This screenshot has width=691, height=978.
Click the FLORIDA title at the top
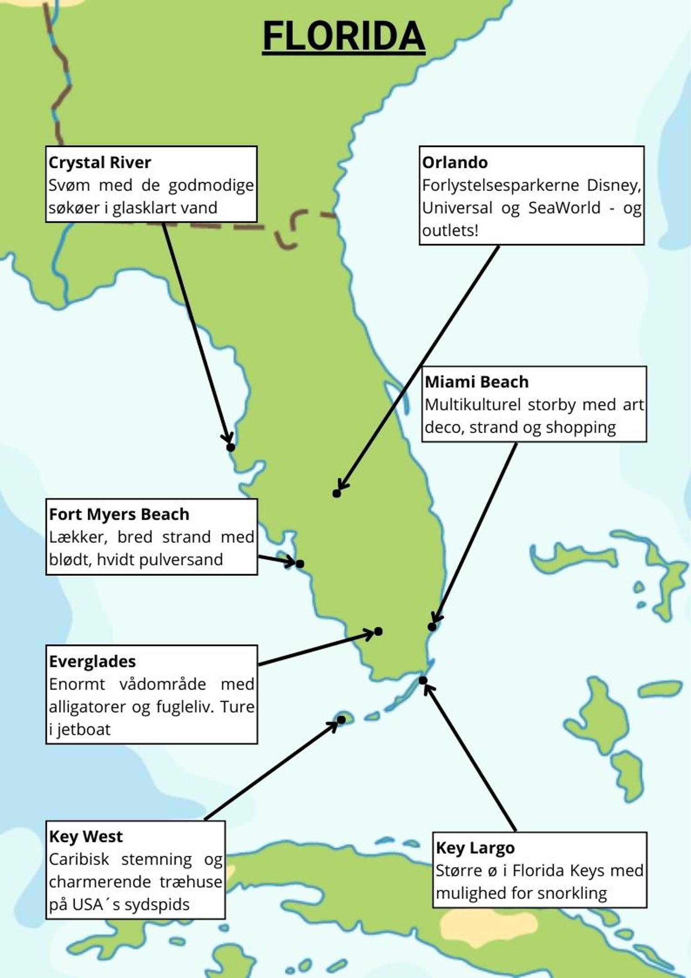(344, 36)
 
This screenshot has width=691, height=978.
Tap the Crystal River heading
(100, 162)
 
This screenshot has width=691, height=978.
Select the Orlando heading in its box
(455, 162)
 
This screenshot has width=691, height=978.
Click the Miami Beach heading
(476, 382)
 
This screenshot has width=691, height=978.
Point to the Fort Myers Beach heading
(119, 514)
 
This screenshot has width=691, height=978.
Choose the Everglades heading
(92, 661)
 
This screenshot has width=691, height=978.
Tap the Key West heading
(86, 836)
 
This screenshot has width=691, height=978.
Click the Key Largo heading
(475, 847)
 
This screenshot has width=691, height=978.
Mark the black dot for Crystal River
(230, 447)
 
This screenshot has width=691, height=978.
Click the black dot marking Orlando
(336, 494)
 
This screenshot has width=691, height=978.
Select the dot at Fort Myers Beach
(300, 564)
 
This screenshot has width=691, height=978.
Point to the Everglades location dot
(378, 631)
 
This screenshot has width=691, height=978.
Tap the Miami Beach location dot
(432, 627)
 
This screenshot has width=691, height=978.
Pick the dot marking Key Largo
(423, 681)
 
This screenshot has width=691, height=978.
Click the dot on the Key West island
(341, 720)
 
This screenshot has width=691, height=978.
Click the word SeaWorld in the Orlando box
(564, 208)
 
